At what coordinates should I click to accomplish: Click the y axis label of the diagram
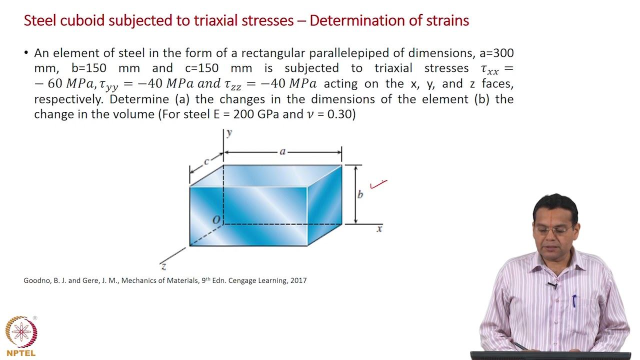229,133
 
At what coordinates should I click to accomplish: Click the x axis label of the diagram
379,229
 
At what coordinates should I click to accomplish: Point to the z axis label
163,266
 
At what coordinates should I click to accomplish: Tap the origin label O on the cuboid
216,220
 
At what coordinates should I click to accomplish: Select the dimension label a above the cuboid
282,151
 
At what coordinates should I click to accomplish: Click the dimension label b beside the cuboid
360,194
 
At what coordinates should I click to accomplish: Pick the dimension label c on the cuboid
206,161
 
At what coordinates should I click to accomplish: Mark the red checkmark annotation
378,184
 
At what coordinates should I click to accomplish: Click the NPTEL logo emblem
20,332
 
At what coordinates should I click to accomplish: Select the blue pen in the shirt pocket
574,300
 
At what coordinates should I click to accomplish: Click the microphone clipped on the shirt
552,285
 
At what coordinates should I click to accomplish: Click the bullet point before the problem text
26,53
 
